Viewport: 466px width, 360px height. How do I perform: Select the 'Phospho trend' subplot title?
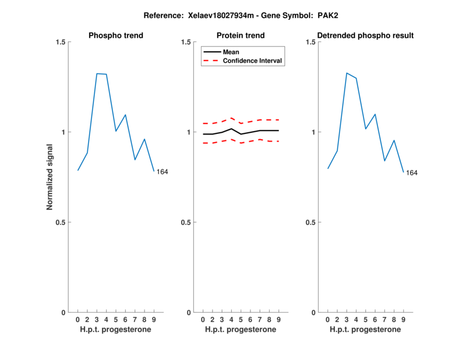[x=116, y=36]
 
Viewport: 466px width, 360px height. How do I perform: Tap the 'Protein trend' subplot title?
[x=241, y=36]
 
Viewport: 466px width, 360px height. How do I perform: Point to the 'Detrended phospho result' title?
[x=366, y=36]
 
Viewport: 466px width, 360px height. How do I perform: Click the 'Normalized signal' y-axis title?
[x=50, y=177]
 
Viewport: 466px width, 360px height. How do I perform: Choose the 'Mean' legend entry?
[x=231, y=52]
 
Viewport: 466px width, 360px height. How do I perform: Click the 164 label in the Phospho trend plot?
[x=163, y=171]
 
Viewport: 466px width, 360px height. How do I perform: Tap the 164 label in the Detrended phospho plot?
[x=412, y=173]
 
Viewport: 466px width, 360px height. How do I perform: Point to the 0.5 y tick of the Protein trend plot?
[x=186, y=223]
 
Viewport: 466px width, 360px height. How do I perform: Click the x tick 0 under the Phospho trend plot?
[x=77, y=319]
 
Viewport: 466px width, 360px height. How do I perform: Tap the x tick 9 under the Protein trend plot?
[x=278, y=319]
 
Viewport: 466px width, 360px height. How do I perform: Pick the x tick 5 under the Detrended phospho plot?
[x=365, y=319]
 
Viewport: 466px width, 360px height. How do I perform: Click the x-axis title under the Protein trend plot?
[x=241, y=330]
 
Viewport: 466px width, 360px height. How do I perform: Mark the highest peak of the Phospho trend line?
[x=97, y=73]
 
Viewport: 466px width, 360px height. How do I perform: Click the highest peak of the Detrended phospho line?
[x=347, y=73]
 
